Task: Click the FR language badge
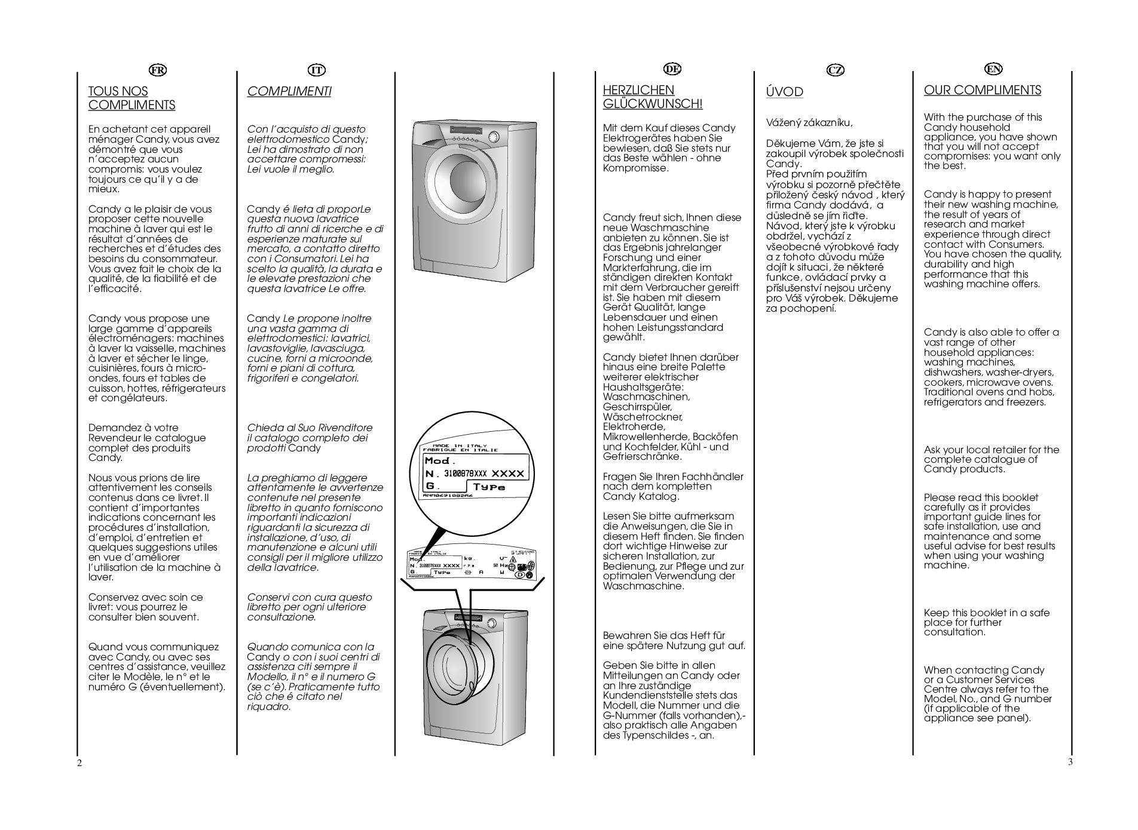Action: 158,70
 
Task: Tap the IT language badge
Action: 316,70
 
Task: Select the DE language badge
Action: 672,69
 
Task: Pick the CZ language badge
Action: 835,70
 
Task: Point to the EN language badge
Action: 993,69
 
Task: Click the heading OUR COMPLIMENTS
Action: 982,90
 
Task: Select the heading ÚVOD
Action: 784,92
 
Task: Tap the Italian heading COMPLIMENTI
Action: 289,91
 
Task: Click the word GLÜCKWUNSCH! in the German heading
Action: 653,104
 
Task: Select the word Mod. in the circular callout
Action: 440,461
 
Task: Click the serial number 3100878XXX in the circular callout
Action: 466,474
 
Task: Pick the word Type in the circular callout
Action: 489,487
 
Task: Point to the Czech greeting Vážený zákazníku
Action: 809,123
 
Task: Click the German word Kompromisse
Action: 635,168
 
